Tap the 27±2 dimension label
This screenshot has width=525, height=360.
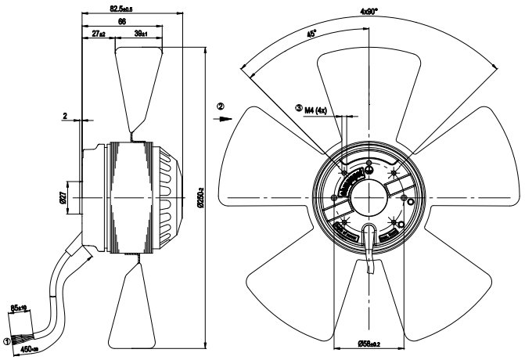(99, 35)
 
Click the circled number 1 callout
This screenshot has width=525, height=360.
(8, 341)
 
